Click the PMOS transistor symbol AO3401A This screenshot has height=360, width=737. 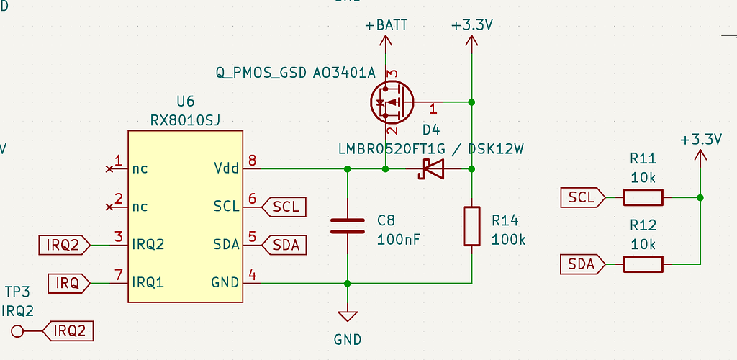click(x=391, y=103)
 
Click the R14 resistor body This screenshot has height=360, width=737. click(x=471, y=226)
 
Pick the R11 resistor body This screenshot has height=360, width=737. click(x=643, y=197)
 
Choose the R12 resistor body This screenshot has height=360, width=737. click(x=643, y=264)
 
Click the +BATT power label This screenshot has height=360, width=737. click(x=386, y=25)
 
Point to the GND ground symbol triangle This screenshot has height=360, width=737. click(x=348, y=316)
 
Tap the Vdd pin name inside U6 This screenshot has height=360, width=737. click(x=225, y=169)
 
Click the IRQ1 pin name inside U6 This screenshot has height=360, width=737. click(x=148, y=282)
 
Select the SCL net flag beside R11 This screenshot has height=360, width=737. click(x=582, y=197)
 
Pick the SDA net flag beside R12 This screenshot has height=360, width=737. click(x=582, y=264)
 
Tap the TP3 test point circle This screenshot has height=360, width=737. click(x=18, y=331)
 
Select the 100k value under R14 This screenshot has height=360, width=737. click(x=508, y=239)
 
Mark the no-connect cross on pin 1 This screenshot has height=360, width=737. click(x=109, y=169)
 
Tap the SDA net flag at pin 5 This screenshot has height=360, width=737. click(x=286, y=245)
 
